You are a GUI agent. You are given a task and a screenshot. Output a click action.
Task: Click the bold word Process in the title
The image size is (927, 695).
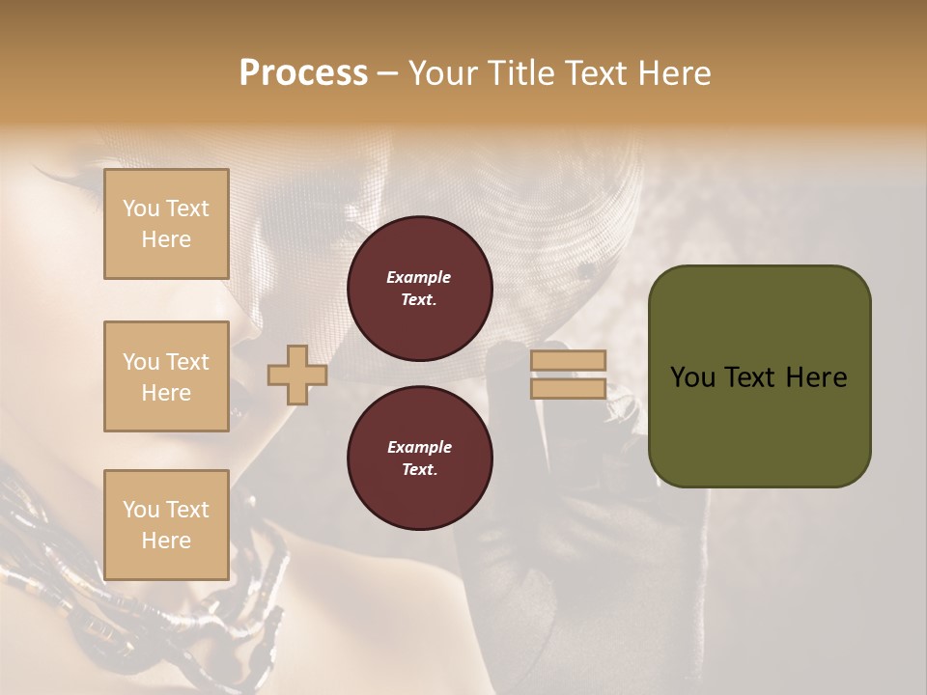click(x=303, y=72)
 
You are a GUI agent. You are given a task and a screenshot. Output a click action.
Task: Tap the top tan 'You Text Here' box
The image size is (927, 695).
click(x=166, y=224)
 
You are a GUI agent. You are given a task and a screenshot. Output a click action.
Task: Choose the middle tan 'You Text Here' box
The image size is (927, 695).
click(x=166, y=376)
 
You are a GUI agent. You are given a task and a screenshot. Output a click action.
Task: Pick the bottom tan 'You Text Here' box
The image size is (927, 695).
click(x=166, y=525)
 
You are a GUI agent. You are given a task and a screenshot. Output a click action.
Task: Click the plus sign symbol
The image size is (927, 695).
click(x=296, y=375)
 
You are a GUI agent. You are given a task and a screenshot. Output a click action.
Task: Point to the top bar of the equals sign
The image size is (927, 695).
click(x=568, y=360)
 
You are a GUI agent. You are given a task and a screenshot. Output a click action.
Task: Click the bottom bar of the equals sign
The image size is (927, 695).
click(x=568, y=389)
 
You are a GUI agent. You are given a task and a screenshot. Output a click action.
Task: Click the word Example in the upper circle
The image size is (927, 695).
click(x=419, y=277)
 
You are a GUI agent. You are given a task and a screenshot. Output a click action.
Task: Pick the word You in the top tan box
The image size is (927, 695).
click(x=141, y=208)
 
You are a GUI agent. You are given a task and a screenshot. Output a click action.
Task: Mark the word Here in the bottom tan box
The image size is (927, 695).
click(x=166, y=541)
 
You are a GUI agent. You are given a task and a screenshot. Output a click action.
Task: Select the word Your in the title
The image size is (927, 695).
click(x=445, y=72)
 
